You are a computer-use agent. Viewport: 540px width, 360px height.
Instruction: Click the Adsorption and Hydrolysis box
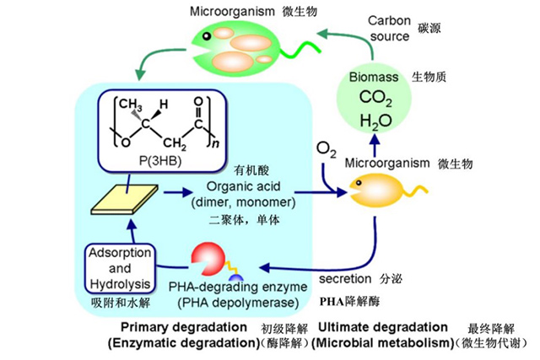point(120,267)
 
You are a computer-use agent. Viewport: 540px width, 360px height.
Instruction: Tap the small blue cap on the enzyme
point(235,278)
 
